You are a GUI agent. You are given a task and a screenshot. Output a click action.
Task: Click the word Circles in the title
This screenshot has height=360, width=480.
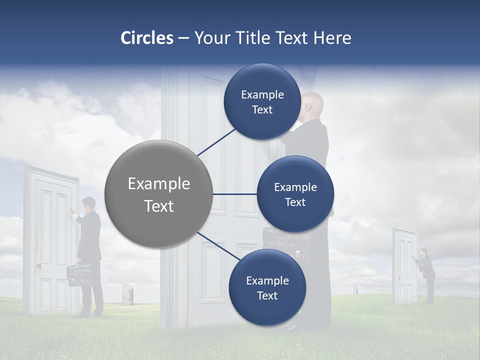(146, 38)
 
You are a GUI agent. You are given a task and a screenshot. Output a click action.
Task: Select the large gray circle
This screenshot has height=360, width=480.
(158, 194)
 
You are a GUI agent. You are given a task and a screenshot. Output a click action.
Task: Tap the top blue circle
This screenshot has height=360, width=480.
(262, 101)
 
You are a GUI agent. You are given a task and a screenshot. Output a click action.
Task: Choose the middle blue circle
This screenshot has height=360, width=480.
(295, 194)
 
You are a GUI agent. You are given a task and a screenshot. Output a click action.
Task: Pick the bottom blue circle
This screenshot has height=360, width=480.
(267, 287)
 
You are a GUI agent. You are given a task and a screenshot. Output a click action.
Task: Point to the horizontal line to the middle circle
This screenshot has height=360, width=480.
(234, 194)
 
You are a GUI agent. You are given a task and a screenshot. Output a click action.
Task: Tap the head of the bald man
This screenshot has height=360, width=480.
(314, 103)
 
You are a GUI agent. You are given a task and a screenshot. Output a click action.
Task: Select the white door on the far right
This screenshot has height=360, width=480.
(404, 266)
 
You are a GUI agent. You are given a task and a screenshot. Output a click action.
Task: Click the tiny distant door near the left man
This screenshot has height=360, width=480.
(127, 294)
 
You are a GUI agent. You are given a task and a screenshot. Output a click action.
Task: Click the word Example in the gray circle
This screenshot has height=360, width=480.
(158, 184)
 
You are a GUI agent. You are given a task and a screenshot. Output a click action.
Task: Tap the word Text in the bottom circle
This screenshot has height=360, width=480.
(267, 295)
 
